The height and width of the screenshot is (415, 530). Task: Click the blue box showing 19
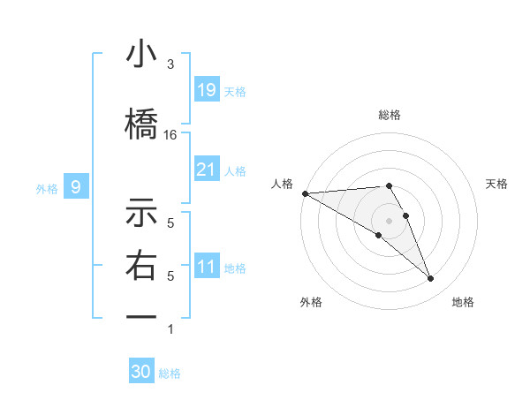[x=206, y=90]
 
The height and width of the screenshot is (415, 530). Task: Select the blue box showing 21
[x=206, y=170]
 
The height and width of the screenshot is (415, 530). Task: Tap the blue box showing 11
[x=206, y=267]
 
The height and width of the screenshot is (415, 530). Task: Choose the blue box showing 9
[x=76, y=187]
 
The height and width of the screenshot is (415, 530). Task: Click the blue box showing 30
[x=141, y=372]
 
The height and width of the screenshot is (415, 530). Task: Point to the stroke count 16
[x=170, y=135]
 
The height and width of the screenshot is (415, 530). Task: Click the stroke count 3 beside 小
[x=170, y=64]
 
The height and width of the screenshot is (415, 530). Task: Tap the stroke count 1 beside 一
[x=170, y=329]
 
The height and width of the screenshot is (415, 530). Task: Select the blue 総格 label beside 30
[x=170, y=373]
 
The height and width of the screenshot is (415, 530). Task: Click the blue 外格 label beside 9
[x=46, y=188]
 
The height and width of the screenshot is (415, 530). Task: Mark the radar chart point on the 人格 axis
[x=305, y=192]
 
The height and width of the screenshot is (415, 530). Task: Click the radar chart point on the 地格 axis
[x=430, y=278]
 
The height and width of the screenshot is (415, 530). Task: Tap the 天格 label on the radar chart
[x=497, y=184]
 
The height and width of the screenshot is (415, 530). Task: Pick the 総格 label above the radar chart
[x=390, y=115]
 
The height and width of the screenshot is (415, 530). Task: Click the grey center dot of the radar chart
[x=390, y=219]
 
